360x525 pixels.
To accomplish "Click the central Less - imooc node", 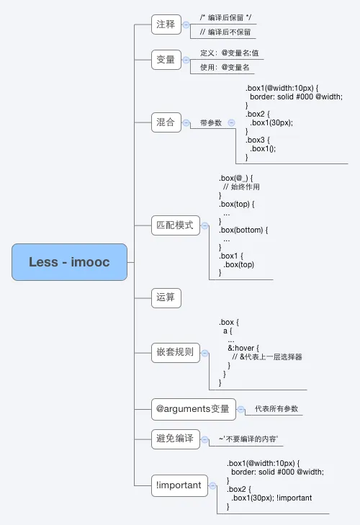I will [x=69, y=262].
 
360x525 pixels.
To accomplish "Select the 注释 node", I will [x=166, y=24].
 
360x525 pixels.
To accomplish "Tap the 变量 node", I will [x=166, y=60].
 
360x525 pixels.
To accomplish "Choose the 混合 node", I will [x=166, y=122].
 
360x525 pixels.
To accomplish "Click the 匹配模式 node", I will [x=175, y=225].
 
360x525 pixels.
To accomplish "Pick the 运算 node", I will [x=166, y=297].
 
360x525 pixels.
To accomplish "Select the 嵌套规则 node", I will [x=175, y=353].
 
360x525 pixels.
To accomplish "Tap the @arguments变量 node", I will [x=193, y=410].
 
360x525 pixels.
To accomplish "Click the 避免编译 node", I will [x=175, y=439].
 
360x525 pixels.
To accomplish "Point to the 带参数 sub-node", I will [x=211, y=123].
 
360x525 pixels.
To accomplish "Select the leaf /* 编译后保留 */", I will [x=226, y=17].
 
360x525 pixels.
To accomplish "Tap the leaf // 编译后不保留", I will [x=225, y=32].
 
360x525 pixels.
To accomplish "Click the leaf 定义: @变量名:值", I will [x=230, y=53].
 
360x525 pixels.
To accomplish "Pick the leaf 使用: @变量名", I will [x=225, y=68].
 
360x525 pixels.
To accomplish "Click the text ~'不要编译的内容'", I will [x=248, y=439].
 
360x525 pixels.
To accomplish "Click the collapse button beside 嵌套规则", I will [x=205, y=353].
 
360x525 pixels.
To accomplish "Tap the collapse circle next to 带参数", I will [x=231, y=122].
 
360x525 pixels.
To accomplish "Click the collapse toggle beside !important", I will [x=213, y=486].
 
